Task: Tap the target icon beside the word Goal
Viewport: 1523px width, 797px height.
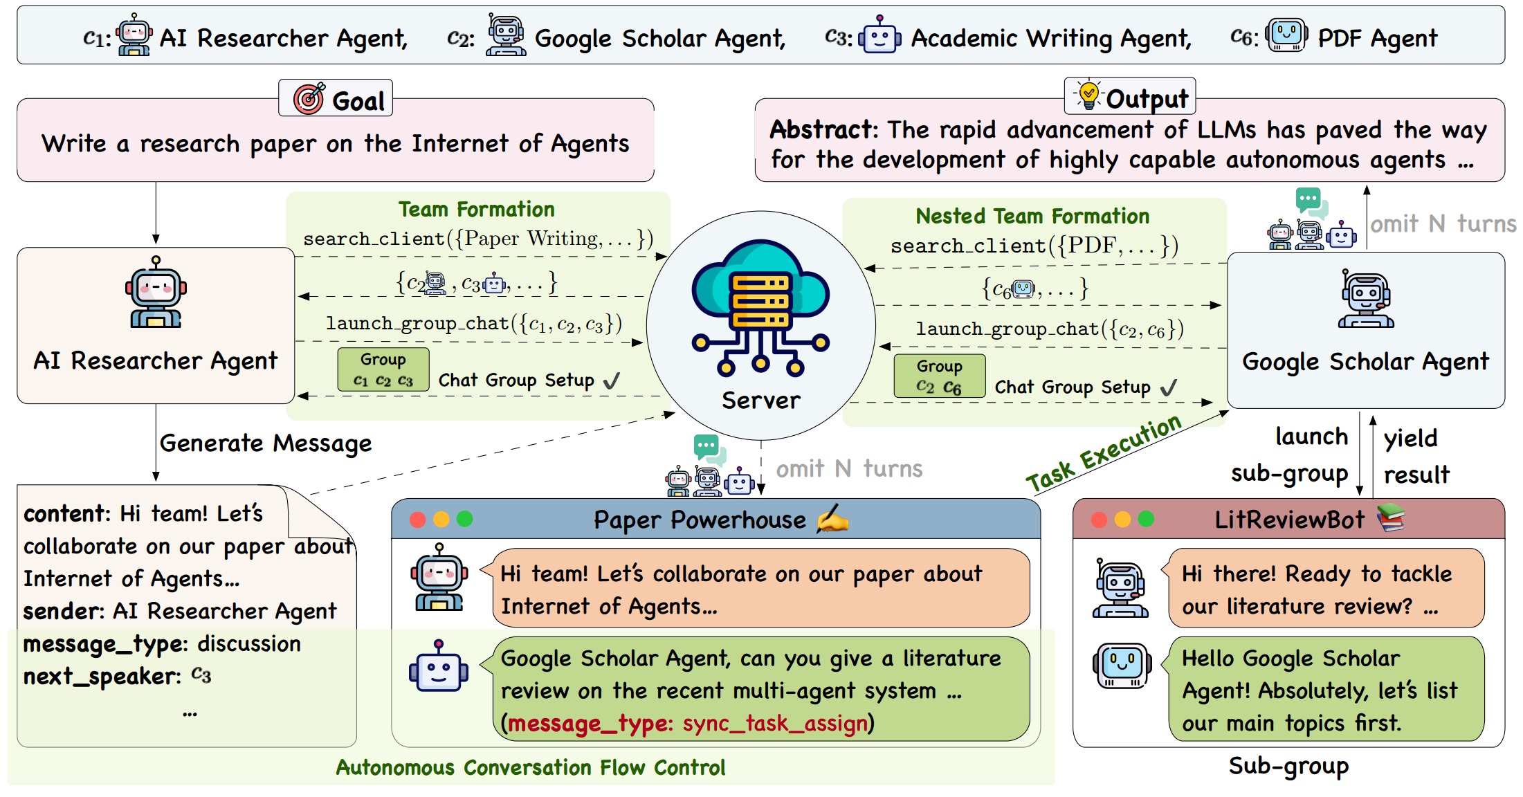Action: point(309,98)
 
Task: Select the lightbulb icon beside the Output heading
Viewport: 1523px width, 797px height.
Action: point(1088,95)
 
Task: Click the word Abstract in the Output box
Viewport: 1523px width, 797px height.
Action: point(822,129)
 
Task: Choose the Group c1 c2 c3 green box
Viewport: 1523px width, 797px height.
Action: point(383,370)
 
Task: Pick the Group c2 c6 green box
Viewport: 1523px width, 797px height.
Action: point(939,376)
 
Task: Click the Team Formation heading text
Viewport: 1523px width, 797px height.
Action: point(476,209)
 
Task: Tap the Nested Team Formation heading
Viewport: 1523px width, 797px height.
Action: point(1032,216)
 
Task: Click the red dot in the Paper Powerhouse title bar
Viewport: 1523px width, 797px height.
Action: point(417,520)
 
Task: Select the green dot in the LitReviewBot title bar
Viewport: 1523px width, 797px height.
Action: point(1146,519)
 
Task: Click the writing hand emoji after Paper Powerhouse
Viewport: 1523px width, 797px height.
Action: point(832,520)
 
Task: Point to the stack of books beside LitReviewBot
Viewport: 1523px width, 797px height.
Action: point(1391,518)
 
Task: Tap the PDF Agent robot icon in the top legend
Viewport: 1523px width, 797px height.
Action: point(1286,35)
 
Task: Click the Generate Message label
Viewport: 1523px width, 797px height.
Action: point(266,443)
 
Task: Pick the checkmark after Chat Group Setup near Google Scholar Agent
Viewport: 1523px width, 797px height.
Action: point(1169,387)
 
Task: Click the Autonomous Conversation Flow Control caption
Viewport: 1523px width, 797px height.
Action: point(531,767)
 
